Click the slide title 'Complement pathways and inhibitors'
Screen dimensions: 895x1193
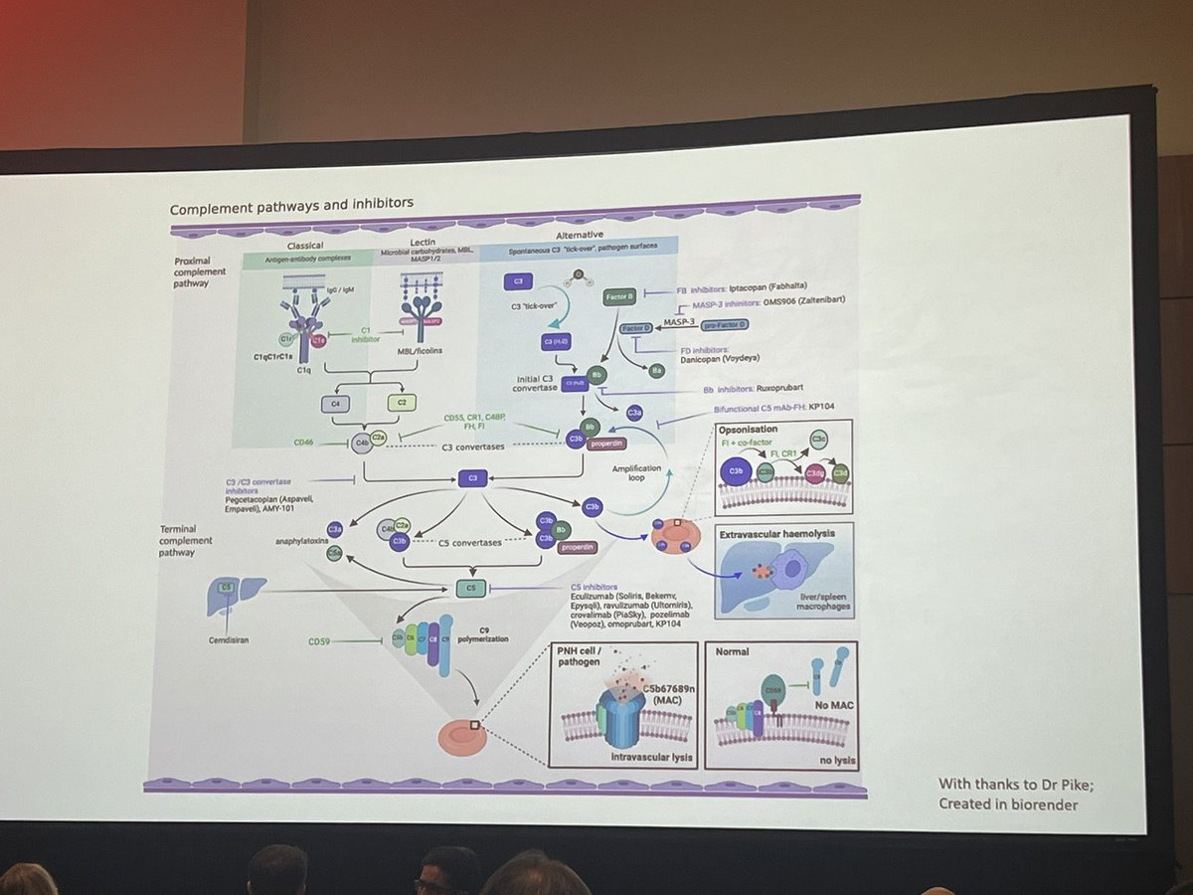coord(291,208)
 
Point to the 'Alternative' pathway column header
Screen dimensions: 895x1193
coord(582,235)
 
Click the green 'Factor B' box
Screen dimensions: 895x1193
coord(619,296)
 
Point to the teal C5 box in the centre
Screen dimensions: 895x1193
coord(471,589)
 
